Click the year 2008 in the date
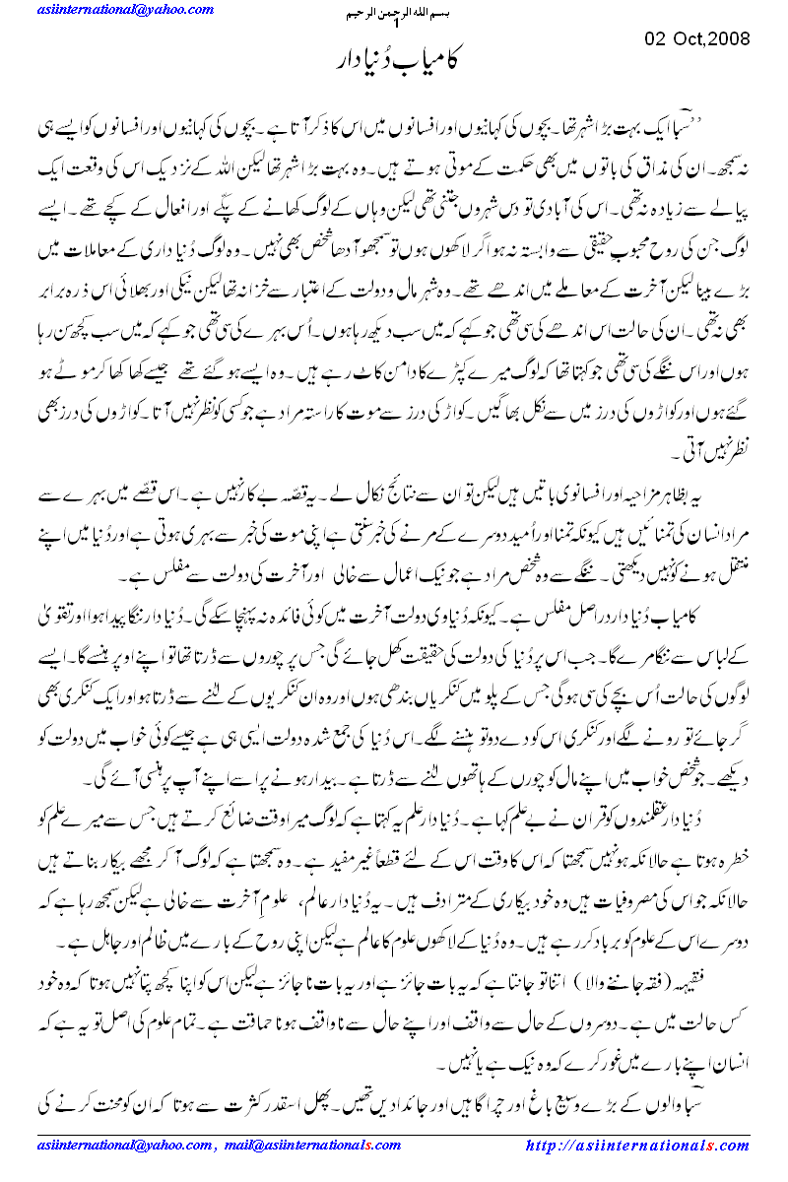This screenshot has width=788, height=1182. point(727,39)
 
